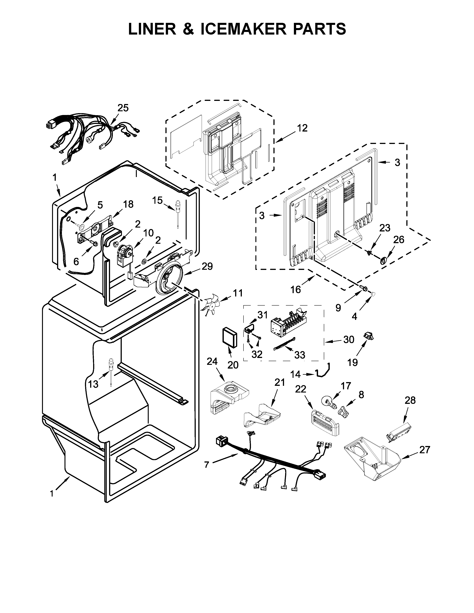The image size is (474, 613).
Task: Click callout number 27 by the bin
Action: (424, 450)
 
